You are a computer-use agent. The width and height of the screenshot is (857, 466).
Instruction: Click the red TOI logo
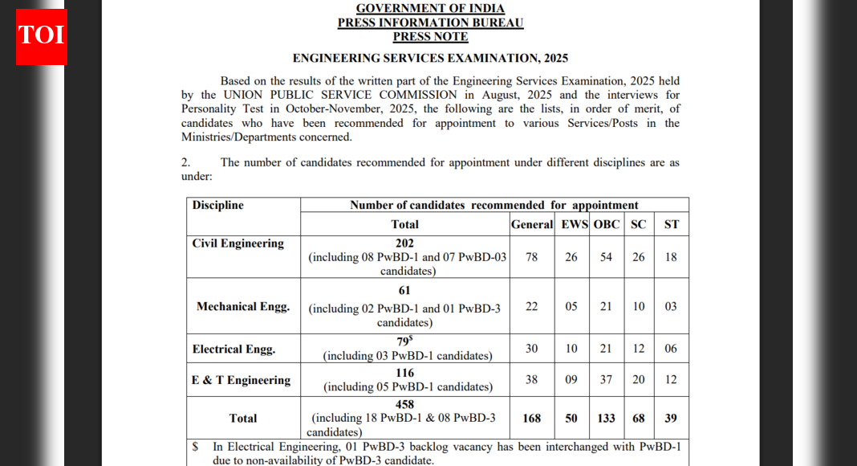pyautogui.click(x=42, y=36)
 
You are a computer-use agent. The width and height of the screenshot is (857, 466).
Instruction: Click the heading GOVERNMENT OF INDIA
pyautogui.click(x=430, y=9)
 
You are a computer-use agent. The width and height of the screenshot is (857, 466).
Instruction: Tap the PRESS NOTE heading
pyautogui.click(x=430, y=37)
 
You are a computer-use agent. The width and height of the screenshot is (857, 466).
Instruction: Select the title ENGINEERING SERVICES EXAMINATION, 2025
pyautogui.click(x=430, y=59)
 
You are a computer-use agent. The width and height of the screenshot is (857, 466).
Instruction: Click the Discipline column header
pyautogui.click(x=218, y=206)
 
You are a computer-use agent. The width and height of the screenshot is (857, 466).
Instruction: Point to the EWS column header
pyautogui.click(x=575, y=224)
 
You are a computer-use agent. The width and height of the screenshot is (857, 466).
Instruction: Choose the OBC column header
pyautogui.click(x=607, y=224)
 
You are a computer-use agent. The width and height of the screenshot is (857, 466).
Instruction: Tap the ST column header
pyautogui.click(x=672, y=224)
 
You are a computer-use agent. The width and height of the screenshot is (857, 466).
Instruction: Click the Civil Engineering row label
pyautogui.click(x=238, y=243)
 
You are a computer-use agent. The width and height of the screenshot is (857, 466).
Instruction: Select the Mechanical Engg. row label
pyautogui.click(x=243, y=306)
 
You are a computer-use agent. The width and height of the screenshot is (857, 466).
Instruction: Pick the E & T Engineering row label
pyautogui.click(x=242, y=380)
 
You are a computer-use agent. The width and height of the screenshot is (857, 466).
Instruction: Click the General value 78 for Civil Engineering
pyautogui.click(x=531, y=257)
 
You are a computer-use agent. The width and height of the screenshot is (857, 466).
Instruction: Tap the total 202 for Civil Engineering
pyautogui.click(x=405, y=243)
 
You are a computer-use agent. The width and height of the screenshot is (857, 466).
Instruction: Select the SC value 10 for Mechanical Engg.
pyautogui.click(x=638, y=307)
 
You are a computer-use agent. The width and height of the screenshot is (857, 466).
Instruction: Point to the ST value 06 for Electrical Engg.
pyautogui.click(x=671, y=349)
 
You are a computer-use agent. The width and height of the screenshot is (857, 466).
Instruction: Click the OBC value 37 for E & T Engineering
pyautogui.click(x=606, y=380)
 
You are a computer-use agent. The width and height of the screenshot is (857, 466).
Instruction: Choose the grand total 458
pyautogui.click(x=405, y=404)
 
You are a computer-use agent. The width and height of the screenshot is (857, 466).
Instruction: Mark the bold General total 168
pyautogui.click(x=531, y=419)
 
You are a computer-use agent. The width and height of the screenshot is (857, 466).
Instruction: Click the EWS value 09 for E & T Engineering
pyautogui.click(x=571, y=380)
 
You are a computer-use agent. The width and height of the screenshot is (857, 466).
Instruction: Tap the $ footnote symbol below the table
pyautogui.click(x=195, y=446)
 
